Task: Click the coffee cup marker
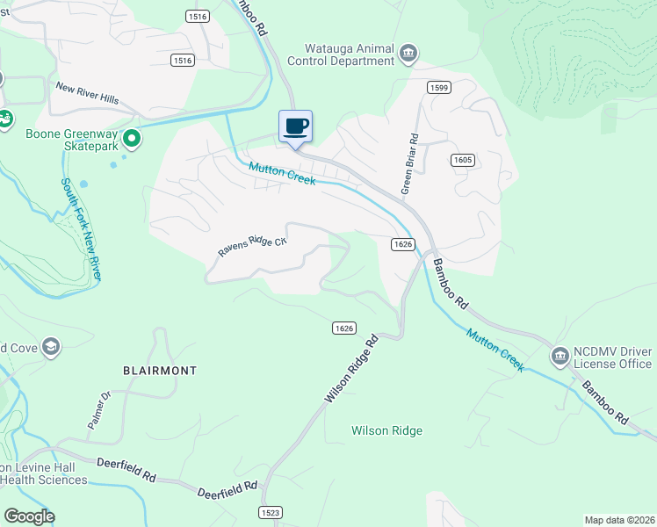tap(295, 126)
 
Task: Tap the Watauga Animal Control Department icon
tap(408, 54)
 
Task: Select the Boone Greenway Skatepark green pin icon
tap(132, 138)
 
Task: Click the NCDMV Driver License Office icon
tap(560, 356)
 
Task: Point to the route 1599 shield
tap(439, 87)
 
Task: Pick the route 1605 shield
tap(463, 159)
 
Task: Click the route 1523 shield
tap(271, 511)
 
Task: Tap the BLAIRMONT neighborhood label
tap(160, 371)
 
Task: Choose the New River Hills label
tap(87, 93)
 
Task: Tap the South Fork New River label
tap(81, 230)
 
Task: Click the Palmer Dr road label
tap(99, 410)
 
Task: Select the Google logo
tap(29, 516)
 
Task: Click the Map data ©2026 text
tap(619, 520)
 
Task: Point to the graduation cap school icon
tap(51, 347)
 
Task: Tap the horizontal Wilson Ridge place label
tap(386, 430)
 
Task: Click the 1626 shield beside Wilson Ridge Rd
tap(344, 328)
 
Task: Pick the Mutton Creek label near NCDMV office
tap(495, 350)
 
